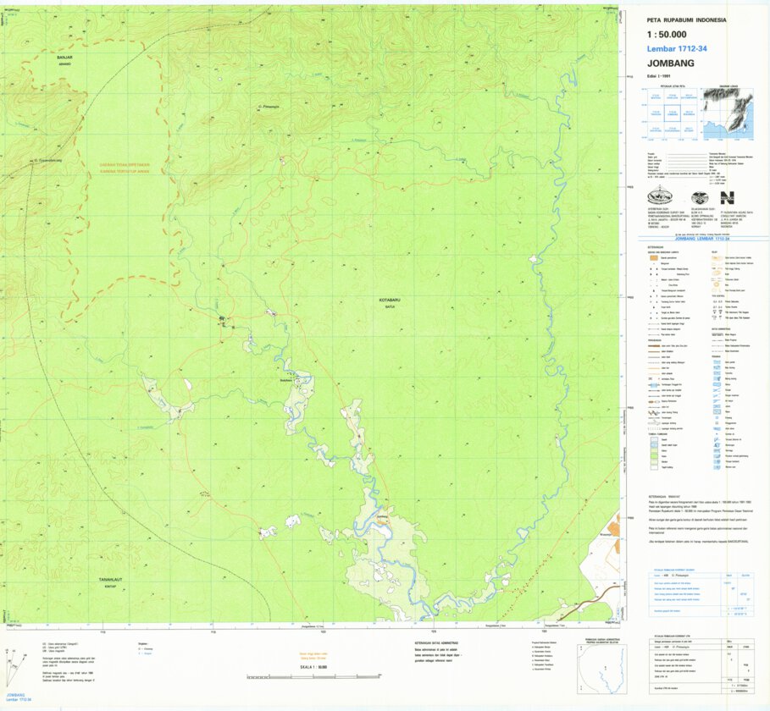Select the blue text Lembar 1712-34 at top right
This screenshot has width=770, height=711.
(x=676, y=49)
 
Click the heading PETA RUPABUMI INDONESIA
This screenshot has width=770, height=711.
(x=687, y=19)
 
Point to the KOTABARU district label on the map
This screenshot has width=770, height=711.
(x=389, y=300)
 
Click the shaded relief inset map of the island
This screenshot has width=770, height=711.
(x=726, y=114)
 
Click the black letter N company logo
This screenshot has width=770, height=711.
(x=727, y=197)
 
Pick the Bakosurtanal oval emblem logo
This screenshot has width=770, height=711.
(x=660, y=197)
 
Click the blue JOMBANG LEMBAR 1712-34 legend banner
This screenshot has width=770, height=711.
(x=694, y=240)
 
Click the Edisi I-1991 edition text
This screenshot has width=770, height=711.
(x=658, y=77)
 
